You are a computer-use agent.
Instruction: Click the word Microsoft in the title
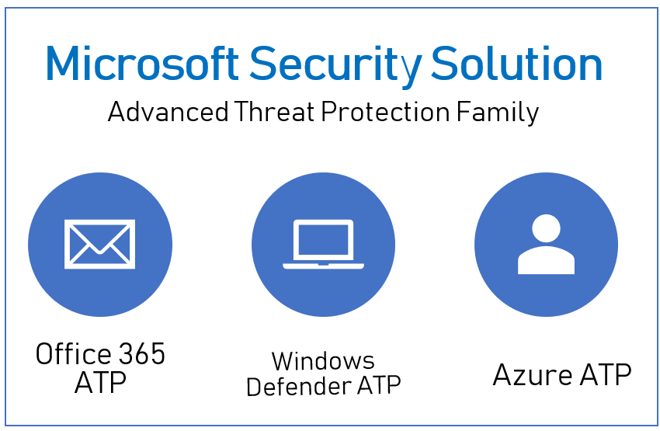coord(142,63)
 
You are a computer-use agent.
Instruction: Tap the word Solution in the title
coord(517,63)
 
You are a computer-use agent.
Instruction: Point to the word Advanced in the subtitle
coord(168,112)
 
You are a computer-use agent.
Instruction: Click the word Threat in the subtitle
coord(274,112)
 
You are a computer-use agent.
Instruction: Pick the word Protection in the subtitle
coord(386,112)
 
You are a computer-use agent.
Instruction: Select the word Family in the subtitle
coord(498,113)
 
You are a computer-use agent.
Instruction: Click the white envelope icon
coord(99,244)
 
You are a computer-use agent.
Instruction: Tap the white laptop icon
coord(323,244)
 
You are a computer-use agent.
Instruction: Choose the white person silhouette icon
coord(546,245)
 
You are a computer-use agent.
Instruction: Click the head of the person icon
coord(546,228)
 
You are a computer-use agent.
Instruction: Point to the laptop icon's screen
coord(323,239)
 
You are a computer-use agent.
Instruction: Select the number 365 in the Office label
coord(141,354)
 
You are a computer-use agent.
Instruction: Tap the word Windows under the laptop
coord(323,361)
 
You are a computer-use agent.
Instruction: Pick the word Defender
coord(299,385)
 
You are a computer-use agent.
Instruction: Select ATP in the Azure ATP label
coord(606,374)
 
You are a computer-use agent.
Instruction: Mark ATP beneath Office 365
coord(100,382)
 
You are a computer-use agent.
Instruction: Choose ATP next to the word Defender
coord(379,385)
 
